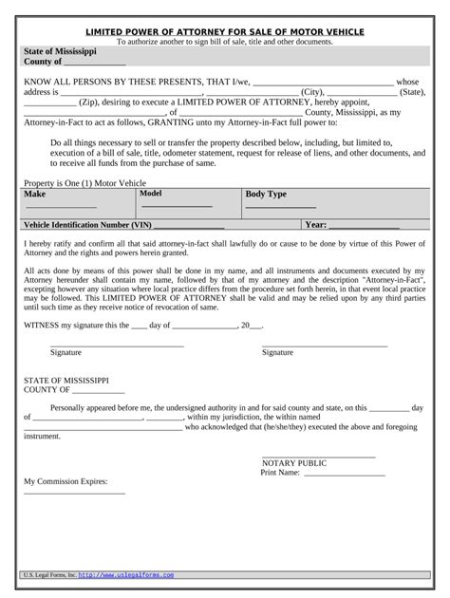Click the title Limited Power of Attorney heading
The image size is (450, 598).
coord(225,31)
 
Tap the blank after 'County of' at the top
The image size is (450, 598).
coord(95,63)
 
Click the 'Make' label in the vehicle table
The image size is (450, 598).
coord(34,194)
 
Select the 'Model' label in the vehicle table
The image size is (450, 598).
coord(151,193)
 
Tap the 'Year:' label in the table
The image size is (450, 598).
coord(316,226)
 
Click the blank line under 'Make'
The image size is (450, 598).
coord(60,207)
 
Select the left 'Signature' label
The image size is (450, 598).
coord(66,352)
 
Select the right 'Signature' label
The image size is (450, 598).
coord(277,352)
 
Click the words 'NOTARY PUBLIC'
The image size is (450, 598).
coord(294,463)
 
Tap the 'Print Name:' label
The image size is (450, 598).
coord(280,473)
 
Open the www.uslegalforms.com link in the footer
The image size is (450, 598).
coord(126,575)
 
